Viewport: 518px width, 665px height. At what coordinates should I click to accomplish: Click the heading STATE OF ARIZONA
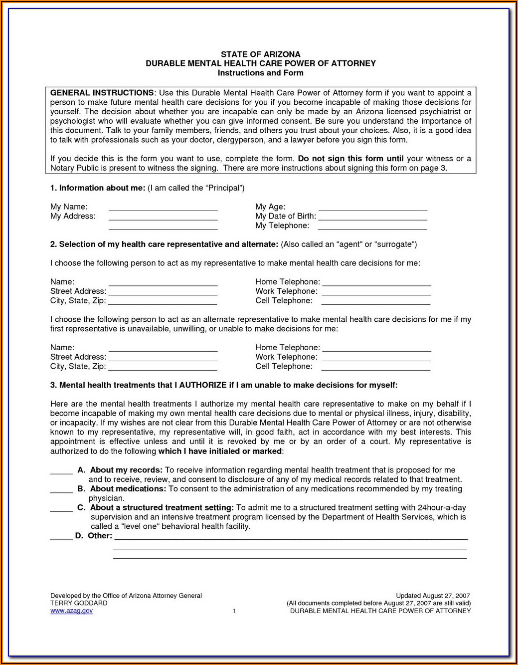coord(260,54)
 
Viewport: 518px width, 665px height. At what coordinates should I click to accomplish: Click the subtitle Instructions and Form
coord(260,73)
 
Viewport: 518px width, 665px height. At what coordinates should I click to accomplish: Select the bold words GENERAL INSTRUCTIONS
coord(102,93)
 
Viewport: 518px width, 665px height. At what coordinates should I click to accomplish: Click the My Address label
coord(73,216)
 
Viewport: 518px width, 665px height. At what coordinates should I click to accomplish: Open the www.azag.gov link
coord(71,611)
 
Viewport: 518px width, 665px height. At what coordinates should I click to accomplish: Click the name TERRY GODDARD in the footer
coord(79,603)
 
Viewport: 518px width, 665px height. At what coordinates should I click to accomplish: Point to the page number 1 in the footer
coord(234,611)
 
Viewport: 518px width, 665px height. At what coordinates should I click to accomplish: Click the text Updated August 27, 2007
coord(433,596)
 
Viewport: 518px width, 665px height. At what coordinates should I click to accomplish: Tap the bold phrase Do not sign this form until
coord(350,159)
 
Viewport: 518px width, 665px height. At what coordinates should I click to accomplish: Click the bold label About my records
coord(126,470)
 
